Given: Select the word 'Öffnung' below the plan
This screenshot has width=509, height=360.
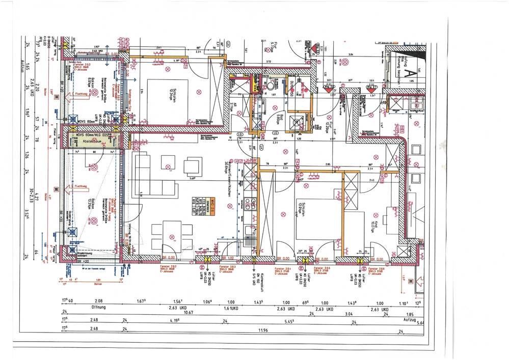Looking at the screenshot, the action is (98, 308).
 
